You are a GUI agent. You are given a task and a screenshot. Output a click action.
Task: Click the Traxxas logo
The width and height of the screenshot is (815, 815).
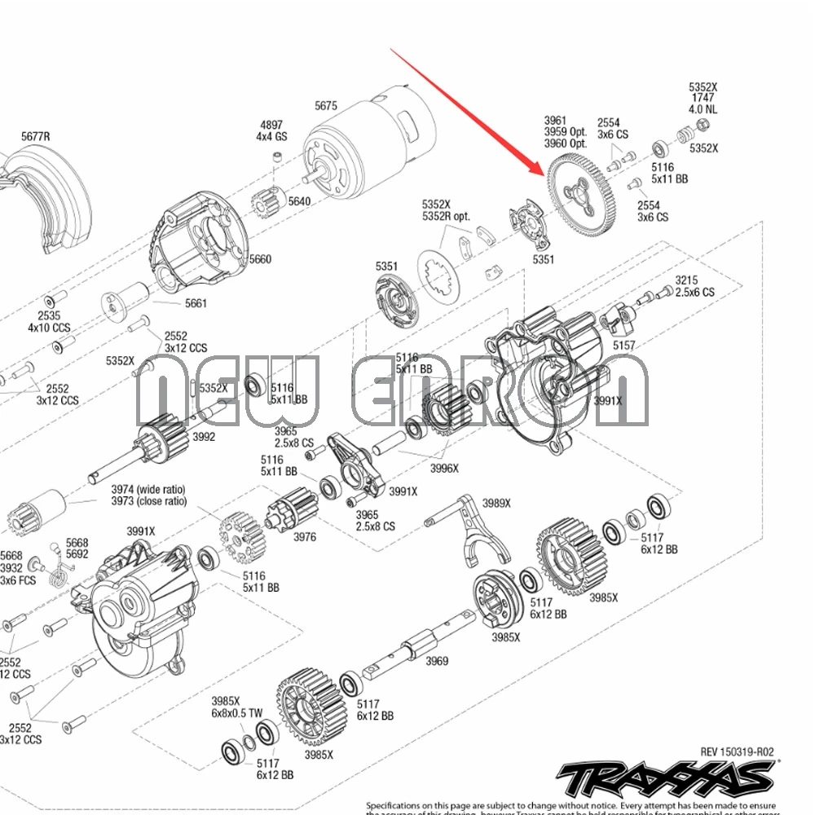pos(667,779)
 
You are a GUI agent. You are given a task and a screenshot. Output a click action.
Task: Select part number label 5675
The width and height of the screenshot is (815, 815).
pos(326,105)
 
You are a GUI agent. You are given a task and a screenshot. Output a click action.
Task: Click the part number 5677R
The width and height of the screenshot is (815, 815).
pos(35,136)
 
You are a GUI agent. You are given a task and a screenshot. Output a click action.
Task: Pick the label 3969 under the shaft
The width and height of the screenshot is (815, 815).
pos(437,661)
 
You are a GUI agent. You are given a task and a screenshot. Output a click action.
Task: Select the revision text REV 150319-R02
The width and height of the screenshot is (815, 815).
pos(737,752)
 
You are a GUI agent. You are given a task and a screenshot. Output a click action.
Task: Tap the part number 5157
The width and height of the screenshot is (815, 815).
pos(623,346)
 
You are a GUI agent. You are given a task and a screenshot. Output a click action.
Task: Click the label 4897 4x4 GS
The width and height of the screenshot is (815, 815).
pos(271,130)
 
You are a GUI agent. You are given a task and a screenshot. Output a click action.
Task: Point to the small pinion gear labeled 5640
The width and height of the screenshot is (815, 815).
pos(268,200)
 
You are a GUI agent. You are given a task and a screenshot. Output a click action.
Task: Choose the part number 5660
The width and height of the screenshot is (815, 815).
pos(260,259)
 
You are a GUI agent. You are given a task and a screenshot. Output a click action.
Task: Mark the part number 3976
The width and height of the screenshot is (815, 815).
pos(305,537)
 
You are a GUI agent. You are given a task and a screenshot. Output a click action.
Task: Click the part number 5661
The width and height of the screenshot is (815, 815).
pos(196,303)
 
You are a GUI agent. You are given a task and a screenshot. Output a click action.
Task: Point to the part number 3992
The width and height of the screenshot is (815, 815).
pos(204,437)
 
